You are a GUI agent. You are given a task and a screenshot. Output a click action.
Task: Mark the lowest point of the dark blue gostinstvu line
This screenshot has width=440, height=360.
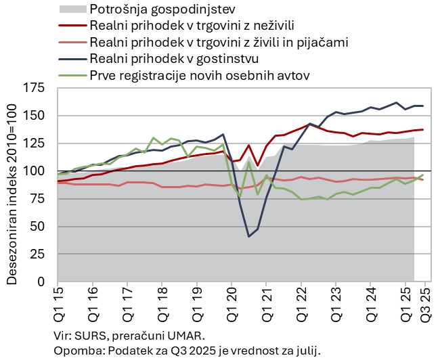248,236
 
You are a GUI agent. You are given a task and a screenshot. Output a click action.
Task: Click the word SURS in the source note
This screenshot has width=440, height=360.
85,336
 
